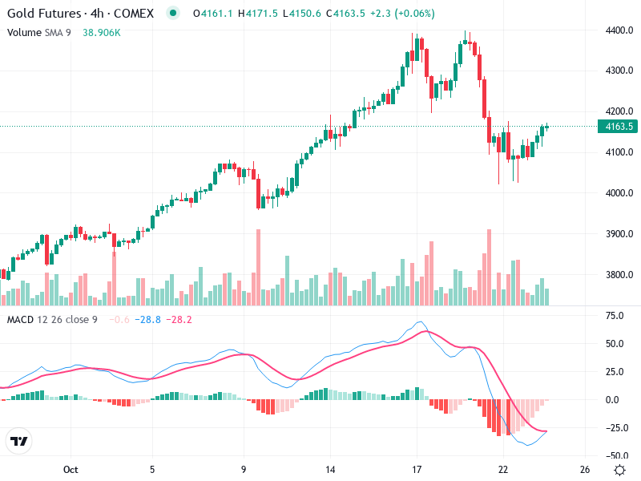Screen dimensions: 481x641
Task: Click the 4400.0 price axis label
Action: (619, 30)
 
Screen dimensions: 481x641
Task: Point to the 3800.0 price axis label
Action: (619, 275)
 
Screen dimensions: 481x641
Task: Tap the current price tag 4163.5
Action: (619, 127)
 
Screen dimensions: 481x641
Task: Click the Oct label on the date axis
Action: (70, 469)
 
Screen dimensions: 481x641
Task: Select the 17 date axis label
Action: (417, 469)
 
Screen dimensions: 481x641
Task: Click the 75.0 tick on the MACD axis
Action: (615, 316)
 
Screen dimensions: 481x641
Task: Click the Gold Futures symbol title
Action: (43, 14)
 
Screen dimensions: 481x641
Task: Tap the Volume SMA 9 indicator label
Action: (40, 32)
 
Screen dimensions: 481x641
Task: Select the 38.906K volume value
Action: (102, 32)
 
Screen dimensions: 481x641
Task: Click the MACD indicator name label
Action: (19, 320)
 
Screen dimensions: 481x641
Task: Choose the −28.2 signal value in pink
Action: (179, 320)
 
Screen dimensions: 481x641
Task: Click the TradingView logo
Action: (19, 442)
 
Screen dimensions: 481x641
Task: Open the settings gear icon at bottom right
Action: (619, 469)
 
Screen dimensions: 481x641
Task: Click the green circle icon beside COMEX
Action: (172, 14)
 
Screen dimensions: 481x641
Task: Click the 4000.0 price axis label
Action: (619, 193)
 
